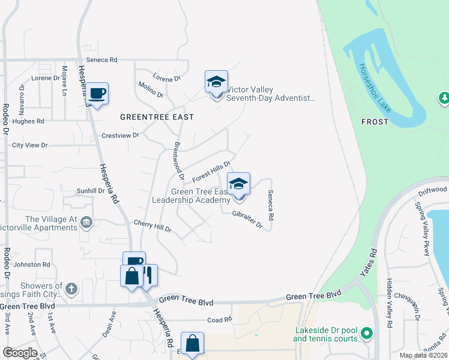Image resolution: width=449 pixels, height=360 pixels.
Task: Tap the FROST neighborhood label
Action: tap(375, 121)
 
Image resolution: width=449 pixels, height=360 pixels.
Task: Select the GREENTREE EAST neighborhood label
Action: tap(157, 117)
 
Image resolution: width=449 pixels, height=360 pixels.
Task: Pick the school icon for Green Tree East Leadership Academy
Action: tap(238, 184)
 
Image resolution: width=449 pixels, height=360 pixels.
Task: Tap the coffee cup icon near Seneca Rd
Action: tap(97, 93)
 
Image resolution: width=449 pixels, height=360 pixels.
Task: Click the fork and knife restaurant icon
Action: tap(148, 275)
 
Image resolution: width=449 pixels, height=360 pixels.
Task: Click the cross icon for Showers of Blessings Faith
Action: tap(71, 289)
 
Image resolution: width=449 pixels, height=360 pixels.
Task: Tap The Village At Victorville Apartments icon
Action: tap(86, 223)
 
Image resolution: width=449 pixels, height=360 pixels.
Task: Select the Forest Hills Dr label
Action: tap(211, 172)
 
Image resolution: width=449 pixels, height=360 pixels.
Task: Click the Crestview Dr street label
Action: tap(120, 136)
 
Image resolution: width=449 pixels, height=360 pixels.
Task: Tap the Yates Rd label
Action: tap(367, 266)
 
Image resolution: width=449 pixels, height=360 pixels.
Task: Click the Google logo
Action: tap(20, 353)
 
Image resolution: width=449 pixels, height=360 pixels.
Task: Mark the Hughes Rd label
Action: tap(28, 121)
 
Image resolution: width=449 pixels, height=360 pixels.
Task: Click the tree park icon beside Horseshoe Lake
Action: tap(444, 97)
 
